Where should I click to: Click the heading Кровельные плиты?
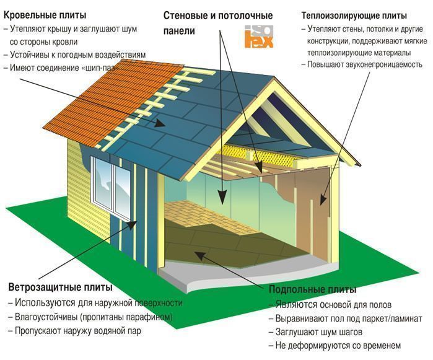click(x=45, y=15)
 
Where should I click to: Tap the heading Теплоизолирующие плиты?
click(x=354, y=15)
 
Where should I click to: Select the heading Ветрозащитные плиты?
click(x=60, y=288)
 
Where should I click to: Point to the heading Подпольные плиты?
click(x=312, y=289)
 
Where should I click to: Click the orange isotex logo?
click(x=259, y=37)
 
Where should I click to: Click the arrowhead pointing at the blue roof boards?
click(x=160, y=123)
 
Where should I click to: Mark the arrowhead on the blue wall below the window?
click(x=132, y=224)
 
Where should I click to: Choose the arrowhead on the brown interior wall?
click(x=323, y=200)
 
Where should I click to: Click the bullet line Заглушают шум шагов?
click(x=316, y=332)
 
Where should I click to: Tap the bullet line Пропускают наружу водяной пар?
click(x=74, y=331)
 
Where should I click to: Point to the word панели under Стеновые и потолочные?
click(x=179, y=30)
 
